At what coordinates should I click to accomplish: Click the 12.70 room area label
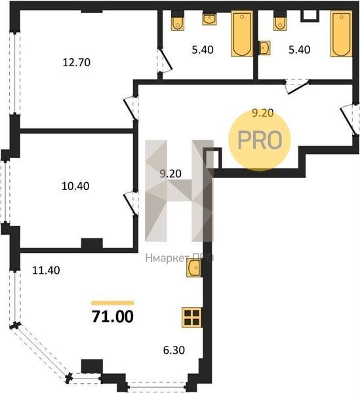pos(77,62)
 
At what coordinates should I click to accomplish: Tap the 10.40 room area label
pos(75,186)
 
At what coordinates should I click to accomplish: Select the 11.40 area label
pos(46,271)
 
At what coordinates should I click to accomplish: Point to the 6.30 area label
pos(174,350)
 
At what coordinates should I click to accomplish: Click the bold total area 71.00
pos(113,317)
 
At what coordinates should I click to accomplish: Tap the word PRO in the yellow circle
pos(260,140)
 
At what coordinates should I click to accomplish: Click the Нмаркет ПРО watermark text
pos(180,258)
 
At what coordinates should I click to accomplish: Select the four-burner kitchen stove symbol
pos(192,317)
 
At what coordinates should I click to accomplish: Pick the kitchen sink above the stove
pos(194,268)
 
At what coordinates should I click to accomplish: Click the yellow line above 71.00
pos(112,303)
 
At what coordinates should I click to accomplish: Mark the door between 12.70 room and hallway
pos(131,109)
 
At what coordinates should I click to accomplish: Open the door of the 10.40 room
pos(131,203)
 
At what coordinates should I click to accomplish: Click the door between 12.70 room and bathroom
pos(165,60)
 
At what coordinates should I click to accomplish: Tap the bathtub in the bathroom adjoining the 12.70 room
pos(242,33)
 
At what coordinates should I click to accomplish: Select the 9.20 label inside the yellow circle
pos(263,113)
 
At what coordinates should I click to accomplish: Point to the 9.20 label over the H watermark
pos(170,174)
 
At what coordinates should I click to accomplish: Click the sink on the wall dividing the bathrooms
pos(264,48)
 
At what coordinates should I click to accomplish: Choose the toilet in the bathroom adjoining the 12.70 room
pos(178,23)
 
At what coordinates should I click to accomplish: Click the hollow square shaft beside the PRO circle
pos(212,159)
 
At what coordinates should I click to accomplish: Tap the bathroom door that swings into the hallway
pos(297,86)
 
